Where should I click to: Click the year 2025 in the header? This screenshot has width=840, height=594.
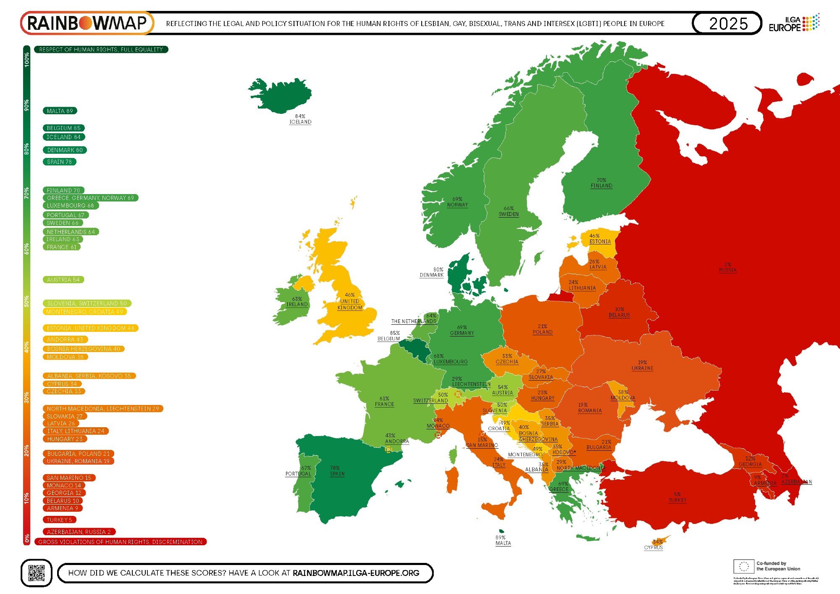[728, 24]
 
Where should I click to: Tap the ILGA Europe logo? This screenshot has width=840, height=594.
[793, 23]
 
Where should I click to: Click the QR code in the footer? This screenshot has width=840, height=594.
[36, 573]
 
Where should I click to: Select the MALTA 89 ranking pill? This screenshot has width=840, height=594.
[60, 111]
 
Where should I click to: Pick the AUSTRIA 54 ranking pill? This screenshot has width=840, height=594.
[63, 280]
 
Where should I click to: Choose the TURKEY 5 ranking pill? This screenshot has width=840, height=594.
[59, 520]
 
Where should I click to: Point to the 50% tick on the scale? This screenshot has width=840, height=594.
[27, 301]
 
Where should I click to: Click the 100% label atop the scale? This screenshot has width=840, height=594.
[27, 59]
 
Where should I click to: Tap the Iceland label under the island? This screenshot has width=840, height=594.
[300, 119]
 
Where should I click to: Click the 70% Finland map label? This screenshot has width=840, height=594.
[601, 183]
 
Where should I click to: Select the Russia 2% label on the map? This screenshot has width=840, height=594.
[727, 268]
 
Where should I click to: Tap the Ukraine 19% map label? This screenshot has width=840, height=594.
[642, 365]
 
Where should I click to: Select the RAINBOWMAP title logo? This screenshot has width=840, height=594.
[87, 23]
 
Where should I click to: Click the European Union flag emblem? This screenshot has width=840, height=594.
[743, 566]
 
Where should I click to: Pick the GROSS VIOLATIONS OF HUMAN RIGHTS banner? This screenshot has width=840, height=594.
[121, 542]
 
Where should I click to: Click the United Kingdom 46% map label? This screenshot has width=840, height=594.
[350, 301]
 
